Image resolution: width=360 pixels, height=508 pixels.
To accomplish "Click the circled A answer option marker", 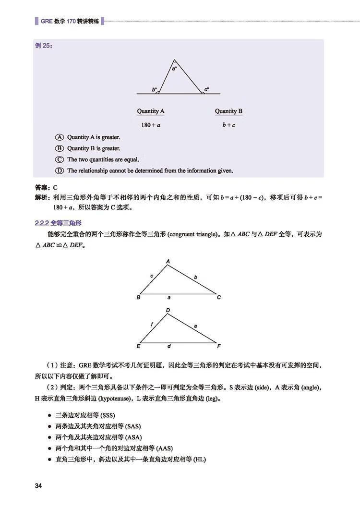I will (60, 137).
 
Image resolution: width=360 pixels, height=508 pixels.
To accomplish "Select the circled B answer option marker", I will (60, 148).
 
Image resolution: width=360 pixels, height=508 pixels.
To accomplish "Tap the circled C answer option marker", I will (60, 159).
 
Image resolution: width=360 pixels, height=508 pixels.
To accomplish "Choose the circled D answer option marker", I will (60, 170).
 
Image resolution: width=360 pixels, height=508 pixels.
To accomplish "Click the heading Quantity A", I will (151, 111).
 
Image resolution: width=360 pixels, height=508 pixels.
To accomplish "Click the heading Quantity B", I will (228, 111).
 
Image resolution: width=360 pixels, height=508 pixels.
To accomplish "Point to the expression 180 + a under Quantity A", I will (151, 125).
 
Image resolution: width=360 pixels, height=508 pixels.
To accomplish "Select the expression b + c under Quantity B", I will (228, 125).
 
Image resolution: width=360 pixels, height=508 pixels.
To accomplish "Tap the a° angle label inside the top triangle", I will (174, 69).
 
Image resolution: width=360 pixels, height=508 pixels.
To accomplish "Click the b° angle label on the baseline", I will (155, 89).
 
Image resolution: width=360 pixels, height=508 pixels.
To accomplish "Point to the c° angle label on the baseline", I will (206, 89).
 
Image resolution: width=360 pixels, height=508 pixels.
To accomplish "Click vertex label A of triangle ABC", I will (168, 261).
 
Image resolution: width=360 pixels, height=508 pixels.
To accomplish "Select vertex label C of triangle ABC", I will (219, 297).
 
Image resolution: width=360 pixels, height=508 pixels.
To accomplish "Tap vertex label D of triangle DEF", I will (168, 310).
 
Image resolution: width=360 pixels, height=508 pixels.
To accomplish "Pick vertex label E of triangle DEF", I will (138, 346).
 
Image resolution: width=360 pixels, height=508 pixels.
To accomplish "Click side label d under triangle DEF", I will (169, 346).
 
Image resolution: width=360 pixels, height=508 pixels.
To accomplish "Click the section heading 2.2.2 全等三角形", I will (59, 223).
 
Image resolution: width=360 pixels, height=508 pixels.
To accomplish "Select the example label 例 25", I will (44, 46).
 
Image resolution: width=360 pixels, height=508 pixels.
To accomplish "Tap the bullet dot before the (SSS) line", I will (50, 415).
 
